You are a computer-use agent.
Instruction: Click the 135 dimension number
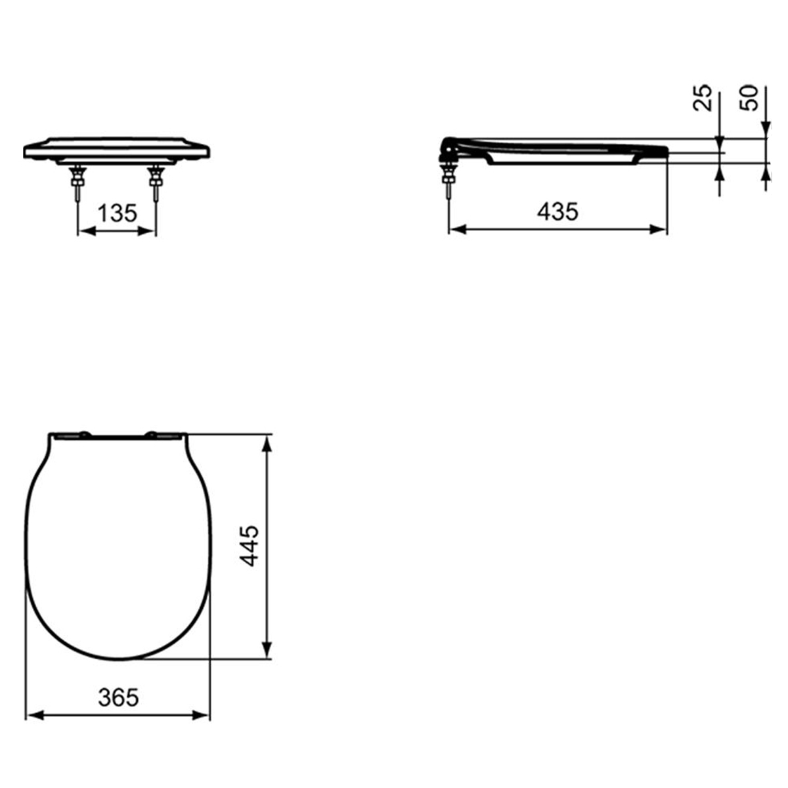point(118,213)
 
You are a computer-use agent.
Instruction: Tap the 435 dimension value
point(558,211)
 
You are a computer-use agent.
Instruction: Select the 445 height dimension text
point(250,546)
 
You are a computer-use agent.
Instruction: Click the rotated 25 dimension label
point(702,98)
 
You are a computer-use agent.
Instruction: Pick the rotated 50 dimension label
point(749,98)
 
